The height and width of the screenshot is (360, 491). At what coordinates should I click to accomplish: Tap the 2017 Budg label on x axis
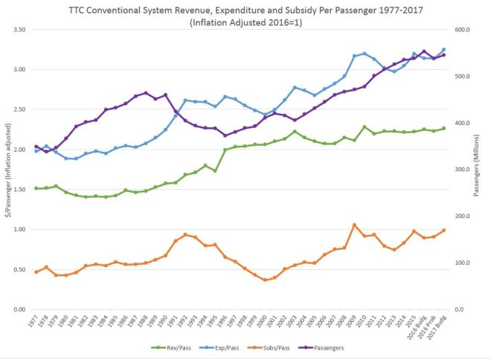coord(440,325)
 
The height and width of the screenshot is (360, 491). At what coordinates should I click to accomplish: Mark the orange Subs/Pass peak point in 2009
coord(354,225)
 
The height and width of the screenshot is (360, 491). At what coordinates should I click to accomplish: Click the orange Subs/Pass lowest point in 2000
coord(265,280)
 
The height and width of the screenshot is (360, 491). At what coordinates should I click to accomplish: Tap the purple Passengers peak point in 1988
coord(146,93)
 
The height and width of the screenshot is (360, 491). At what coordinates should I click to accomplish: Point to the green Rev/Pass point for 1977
coord(36,188)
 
